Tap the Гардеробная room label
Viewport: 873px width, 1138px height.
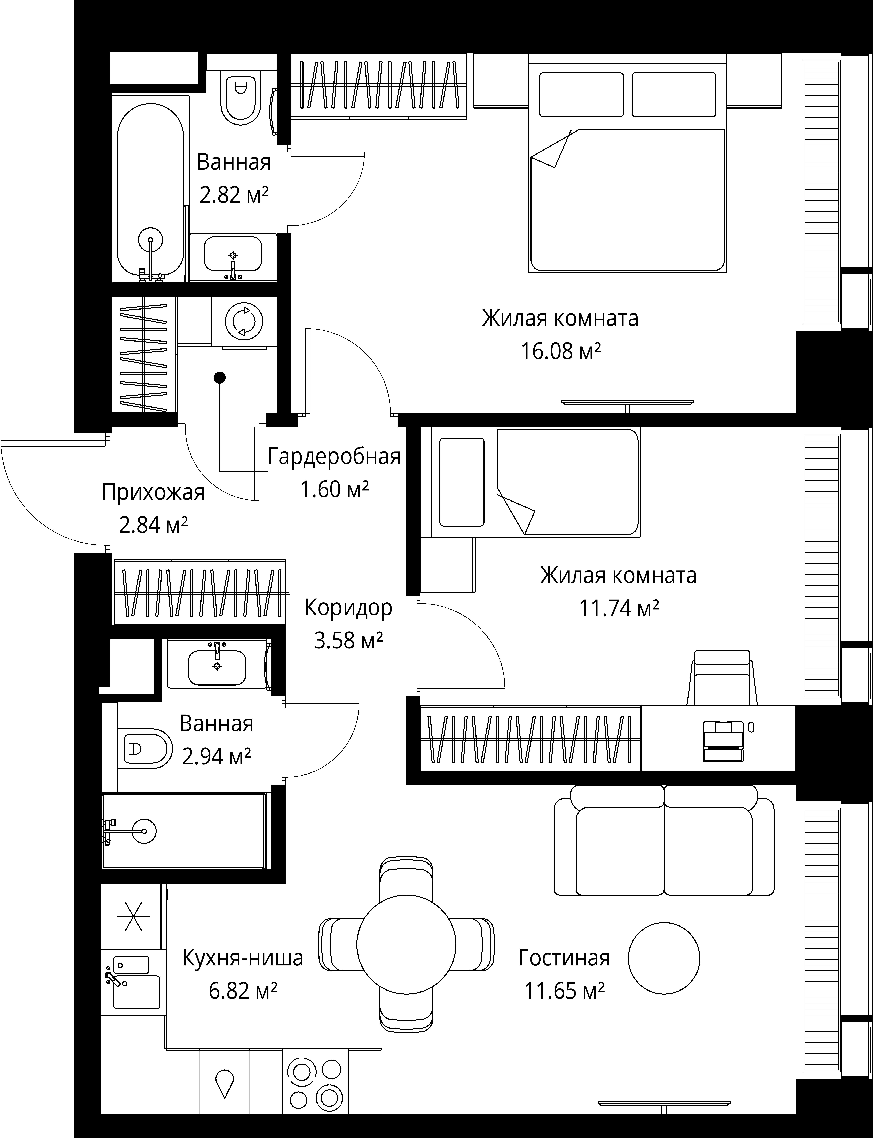coord(334,457)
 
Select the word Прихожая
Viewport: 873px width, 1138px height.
coord(153,492)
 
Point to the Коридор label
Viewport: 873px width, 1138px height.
coord(348,607)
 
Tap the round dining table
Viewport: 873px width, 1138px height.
coord(406,944)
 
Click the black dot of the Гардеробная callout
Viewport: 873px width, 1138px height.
coord(220,378)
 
